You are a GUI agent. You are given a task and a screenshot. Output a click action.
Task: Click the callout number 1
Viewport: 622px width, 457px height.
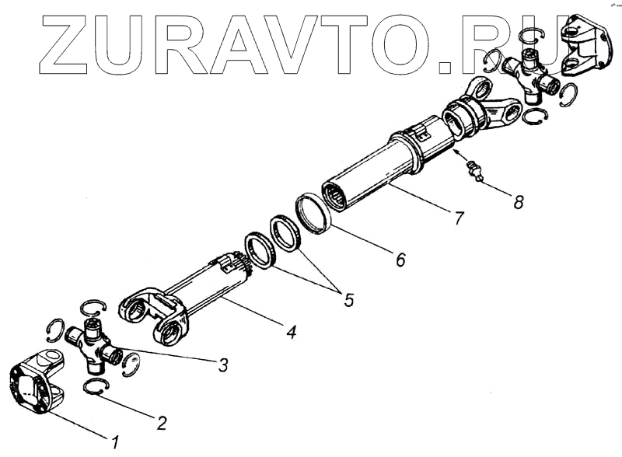click(115, 443)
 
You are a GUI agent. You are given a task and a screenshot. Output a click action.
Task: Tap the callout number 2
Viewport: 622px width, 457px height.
click(162, 424)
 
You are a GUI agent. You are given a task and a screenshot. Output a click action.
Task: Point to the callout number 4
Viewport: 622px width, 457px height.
click(291, 333)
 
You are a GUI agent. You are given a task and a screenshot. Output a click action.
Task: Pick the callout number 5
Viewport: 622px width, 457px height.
click(348, 298)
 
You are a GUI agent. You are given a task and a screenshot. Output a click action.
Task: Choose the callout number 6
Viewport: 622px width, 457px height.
click(400, 260)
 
